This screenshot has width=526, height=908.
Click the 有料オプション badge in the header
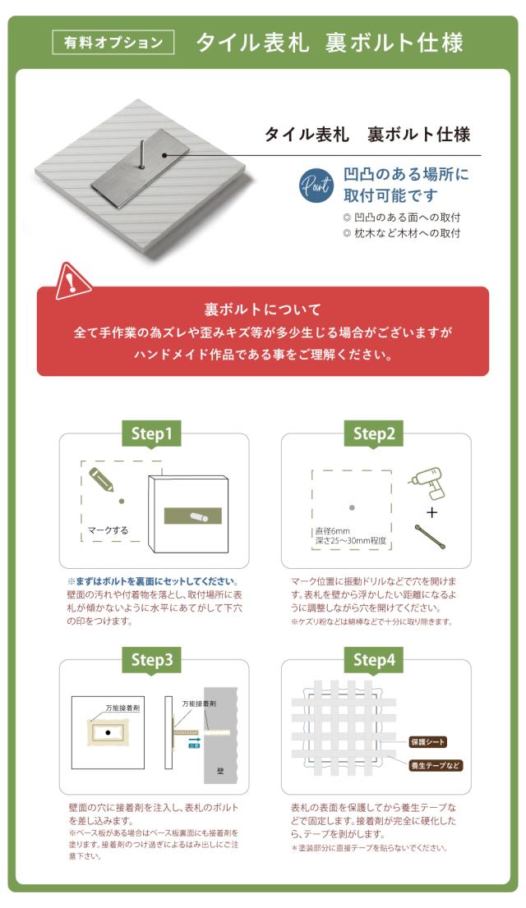coord(113,43)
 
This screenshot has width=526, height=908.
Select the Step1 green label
coord(153,433)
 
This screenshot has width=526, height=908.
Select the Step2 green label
coord(374,433)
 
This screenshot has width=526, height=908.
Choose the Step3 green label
coord(153,659)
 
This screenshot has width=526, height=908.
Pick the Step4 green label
coord(374,659)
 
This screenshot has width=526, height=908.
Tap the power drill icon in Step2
coord(430,483)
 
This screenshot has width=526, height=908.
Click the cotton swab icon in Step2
coord(431,539)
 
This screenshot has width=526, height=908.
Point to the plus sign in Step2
coord(431,512)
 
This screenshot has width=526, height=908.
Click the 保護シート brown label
coord(427,742)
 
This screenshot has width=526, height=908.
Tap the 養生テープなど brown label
coord(436,765)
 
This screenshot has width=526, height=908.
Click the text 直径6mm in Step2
coord(333,531)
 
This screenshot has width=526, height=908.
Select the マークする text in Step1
coord(108,530)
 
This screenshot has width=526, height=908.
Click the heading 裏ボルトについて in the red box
coord(262,310)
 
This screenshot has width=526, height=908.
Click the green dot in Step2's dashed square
coord(351,507)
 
